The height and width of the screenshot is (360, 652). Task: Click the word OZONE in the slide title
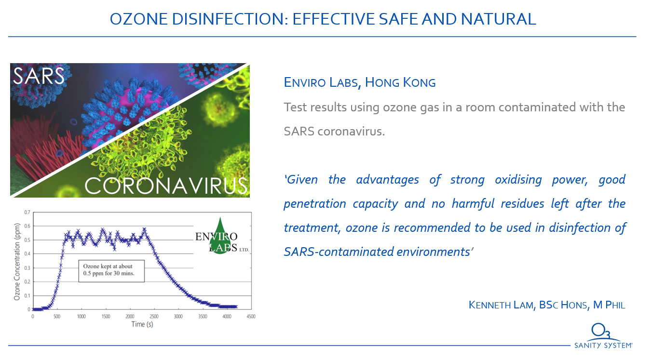click(138, 19)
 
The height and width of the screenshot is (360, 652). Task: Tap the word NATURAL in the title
click(498, 19)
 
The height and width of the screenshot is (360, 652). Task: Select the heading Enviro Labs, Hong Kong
click(360, 82)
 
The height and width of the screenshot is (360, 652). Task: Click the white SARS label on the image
click(39, 76)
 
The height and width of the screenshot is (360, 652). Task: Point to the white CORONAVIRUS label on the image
click(166, 186)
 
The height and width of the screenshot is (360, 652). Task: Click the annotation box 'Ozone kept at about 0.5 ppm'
click(111, 271)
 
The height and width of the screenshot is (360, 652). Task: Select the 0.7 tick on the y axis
click(27, 212)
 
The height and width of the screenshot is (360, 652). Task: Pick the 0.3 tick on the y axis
click(27, 268)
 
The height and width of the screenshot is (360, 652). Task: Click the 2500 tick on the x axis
click(154, 316)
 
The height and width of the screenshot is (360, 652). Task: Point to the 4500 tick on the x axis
click(251, 316)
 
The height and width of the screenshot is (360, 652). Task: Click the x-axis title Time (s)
click(142, 324)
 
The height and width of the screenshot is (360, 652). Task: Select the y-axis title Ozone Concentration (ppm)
click(17, 262)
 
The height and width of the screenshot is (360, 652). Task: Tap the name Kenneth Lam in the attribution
click(501, 305)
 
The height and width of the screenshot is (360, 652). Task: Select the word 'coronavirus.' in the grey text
click(351, 132)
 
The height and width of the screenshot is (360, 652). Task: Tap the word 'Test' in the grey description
click(295, 107)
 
